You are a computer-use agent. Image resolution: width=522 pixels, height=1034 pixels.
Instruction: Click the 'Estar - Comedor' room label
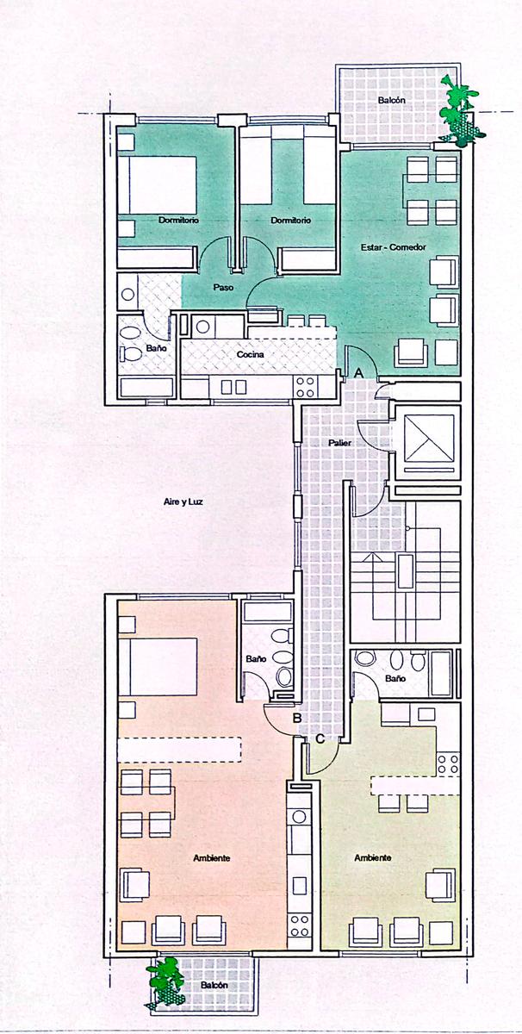pos(394,247)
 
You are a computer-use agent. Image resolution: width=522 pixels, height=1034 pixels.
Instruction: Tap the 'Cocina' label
pos(250,354)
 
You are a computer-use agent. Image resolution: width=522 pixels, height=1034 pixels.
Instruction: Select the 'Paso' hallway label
pos(223,287)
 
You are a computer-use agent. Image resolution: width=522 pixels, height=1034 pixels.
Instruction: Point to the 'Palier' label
pos(340,443)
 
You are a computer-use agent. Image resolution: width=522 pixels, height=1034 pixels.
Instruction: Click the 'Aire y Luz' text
pos(183,501)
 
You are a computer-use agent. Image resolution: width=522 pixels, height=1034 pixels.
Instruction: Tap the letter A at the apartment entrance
pos(358,373)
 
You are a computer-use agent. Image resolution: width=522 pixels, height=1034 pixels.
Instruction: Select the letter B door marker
pos(297,718)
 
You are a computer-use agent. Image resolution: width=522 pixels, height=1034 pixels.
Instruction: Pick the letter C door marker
pos(320,739)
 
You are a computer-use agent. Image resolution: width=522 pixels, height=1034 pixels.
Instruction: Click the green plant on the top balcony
pos(460,111)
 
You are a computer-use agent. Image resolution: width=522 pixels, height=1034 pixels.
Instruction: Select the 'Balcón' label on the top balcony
pos(392,100)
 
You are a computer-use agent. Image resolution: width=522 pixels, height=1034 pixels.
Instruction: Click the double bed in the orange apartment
pos(158,666)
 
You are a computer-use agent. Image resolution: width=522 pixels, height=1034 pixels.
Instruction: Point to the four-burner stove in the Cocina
pos(305,387)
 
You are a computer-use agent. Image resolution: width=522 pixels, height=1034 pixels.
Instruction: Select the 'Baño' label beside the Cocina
pos(157,348)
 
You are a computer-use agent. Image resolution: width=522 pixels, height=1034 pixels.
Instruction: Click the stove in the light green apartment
pos(449,763)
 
